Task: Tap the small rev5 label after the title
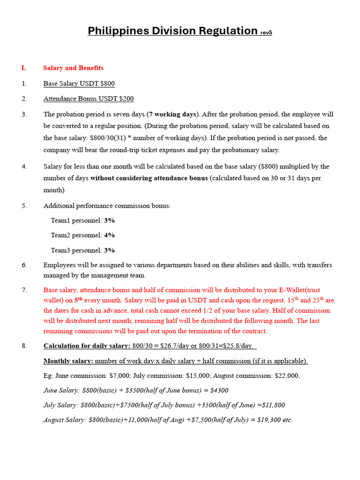click(x=266, y=33)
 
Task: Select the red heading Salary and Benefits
click(x=73, y=68)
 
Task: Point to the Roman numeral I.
click(x=23, y=68)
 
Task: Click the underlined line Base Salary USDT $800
click(x=79, y=83)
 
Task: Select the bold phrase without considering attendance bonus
click(x=149, y=178)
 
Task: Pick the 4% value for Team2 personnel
click(x=109, y=235)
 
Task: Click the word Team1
click(x=61, y=220)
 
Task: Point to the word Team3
click(x=61, y=250)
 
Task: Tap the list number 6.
click(x=24, y=265)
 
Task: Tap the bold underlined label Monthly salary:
click(x=68, y=361)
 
